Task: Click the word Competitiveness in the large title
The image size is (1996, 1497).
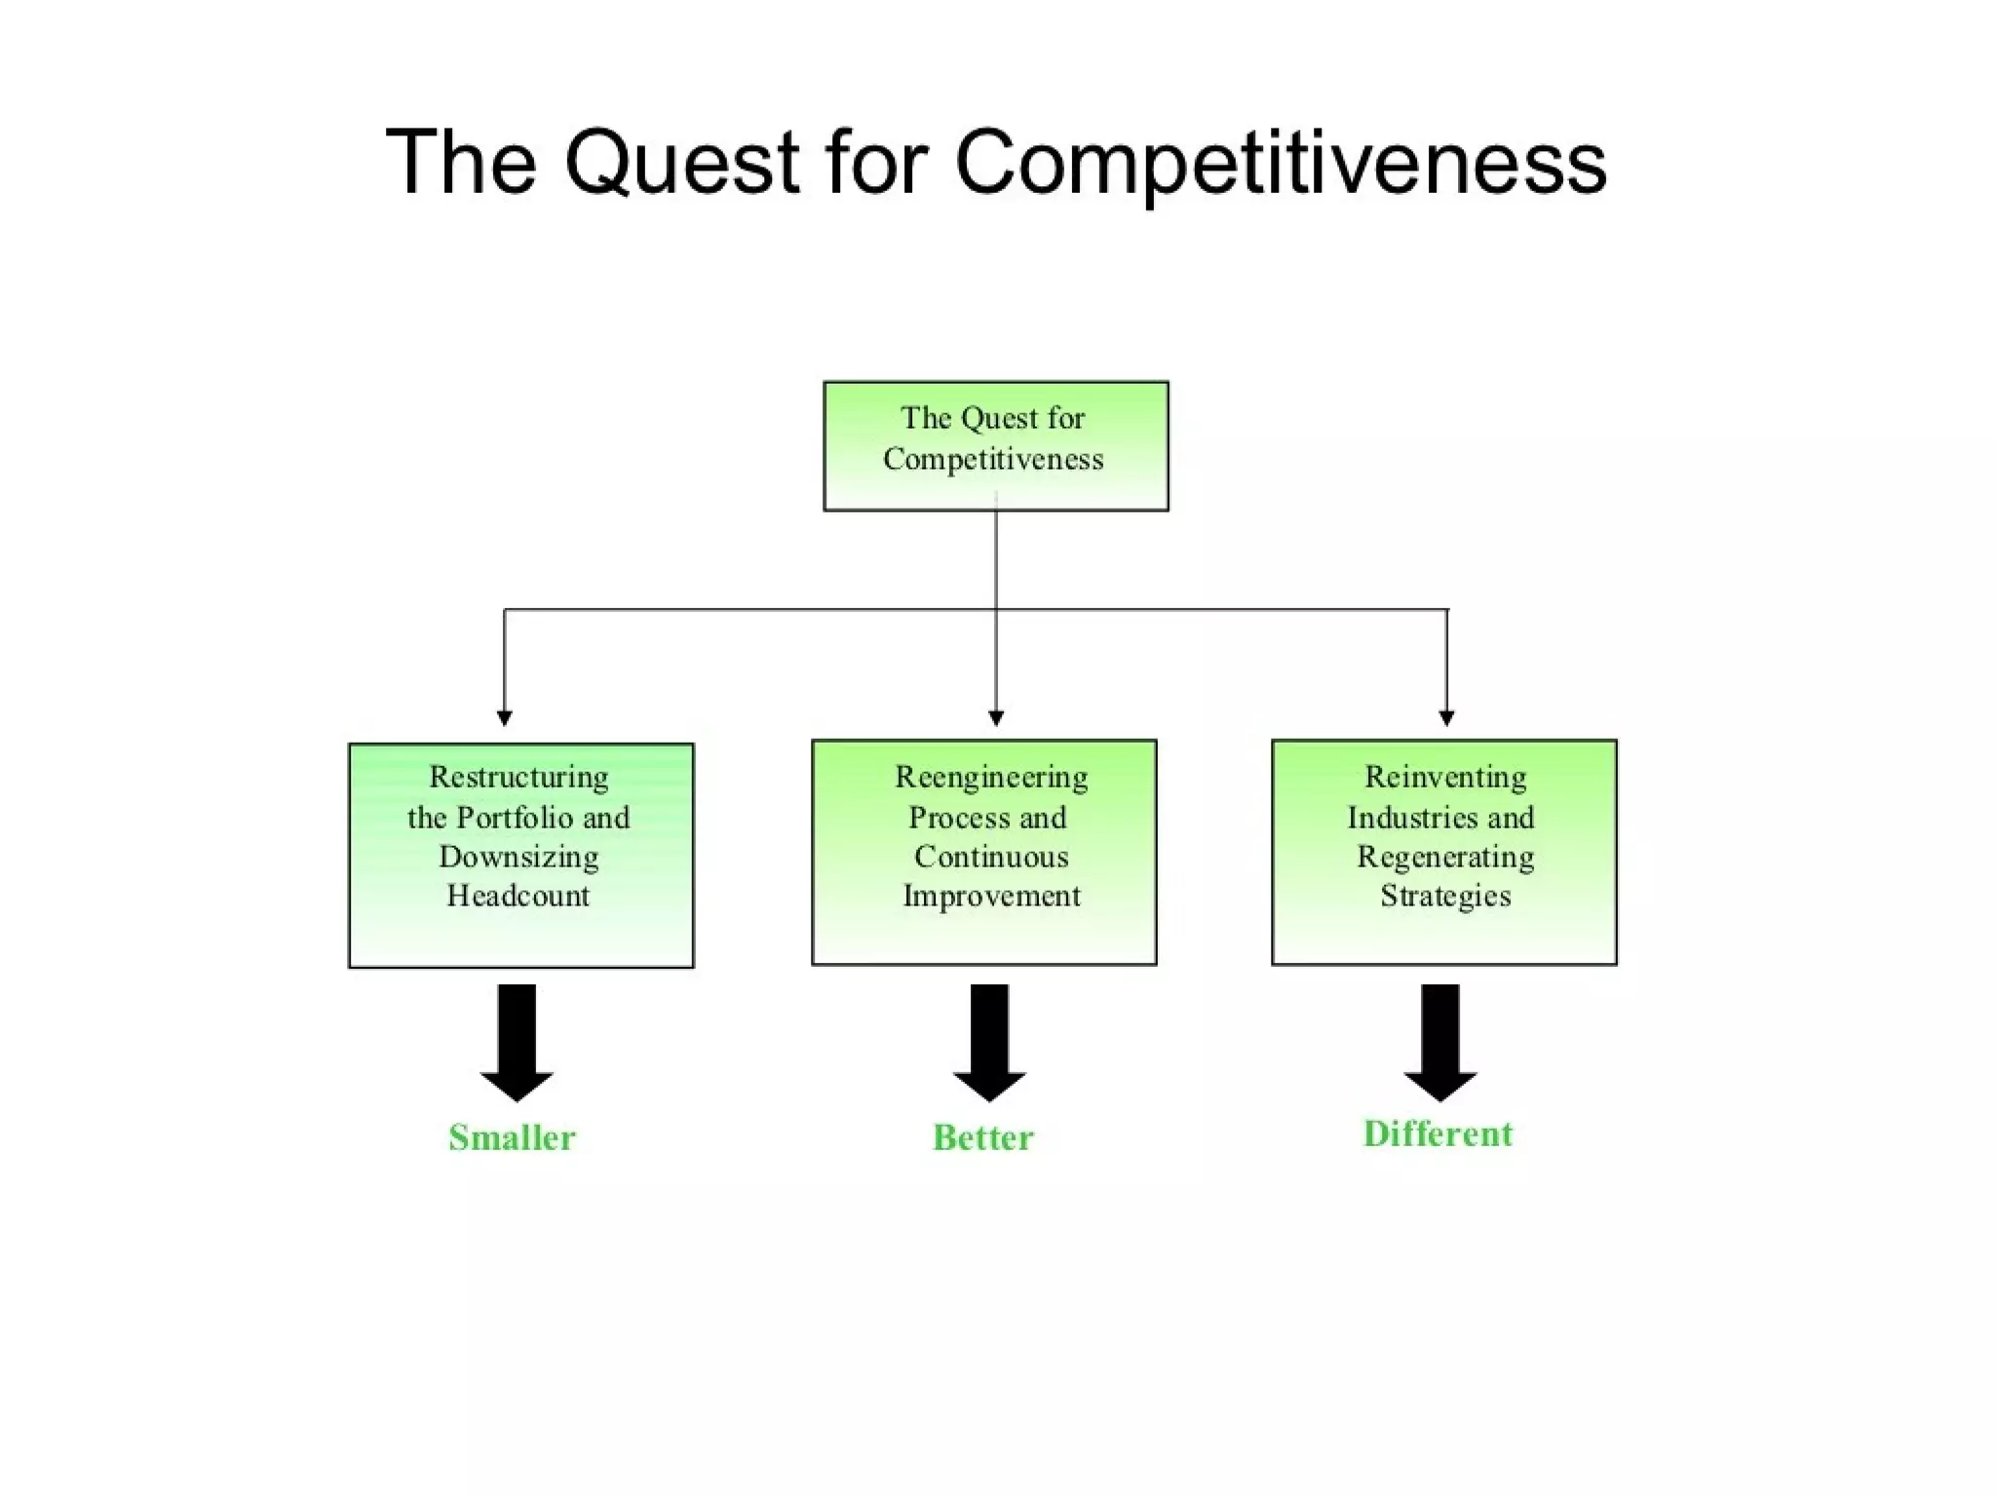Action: (x=1280, y=162)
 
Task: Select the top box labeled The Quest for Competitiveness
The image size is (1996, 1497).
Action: (x=995, y=445)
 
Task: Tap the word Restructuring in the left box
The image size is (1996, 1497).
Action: (x=518, y=777)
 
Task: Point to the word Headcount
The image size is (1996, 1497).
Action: (x=518, y=896)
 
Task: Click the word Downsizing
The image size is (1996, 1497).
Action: (x=518, y=857)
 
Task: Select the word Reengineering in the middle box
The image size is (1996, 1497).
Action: (x=991, y=777)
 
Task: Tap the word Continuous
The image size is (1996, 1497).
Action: (x=991, y=857)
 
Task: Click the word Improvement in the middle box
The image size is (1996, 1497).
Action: (x=991, y=896)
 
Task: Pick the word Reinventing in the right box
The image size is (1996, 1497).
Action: (x=1445, y=777)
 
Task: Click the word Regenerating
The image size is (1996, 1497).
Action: (x=1445, y=857)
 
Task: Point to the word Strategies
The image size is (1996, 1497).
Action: (x=1445, y=896)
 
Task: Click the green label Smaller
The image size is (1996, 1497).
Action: (x=512, y=1137)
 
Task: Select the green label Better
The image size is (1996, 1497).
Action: (x=982, y=1137)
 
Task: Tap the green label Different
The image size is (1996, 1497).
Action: (x=1438, y=1133)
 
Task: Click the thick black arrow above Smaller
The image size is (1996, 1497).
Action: (x=517, y=1043)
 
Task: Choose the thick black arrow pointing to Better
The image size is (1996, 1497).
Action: (x=989, y=1043)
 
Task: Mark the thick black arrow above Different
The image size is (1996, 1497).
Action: (x=1440, y=1043)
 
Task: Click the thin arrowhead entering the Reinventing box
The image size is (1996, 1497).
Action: (x=1446, y=719)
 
